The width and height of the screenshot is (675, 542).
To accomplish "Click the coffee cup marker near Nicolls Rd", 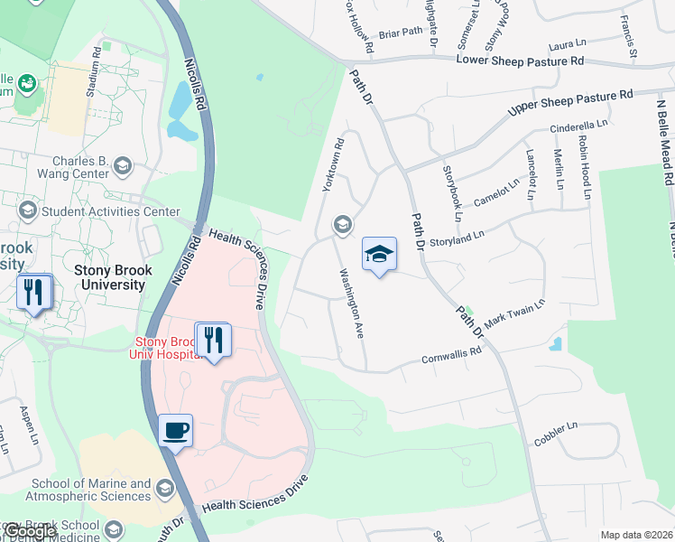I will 176,429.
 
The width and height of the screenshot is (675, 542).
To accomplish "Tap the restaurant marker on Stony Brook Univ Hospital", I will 213,340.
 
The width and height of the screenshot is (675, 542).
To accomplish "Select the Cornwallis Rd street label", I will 451,357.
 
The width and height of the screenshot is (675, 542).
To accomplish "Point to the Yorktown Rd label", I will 332,164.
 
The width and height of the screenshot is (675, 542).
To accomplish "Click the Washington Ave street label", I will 351,303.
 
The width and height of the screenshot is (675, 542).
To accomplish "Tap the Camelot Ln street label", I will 497,192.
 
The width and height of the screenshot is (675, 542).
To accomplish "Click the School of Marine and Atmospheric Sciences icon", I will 164,489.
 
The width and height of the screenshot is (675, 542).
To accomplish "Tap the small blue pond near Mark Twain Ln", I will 555,344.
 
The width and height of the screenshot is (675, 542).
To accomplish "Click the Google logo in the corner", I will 29,531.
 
